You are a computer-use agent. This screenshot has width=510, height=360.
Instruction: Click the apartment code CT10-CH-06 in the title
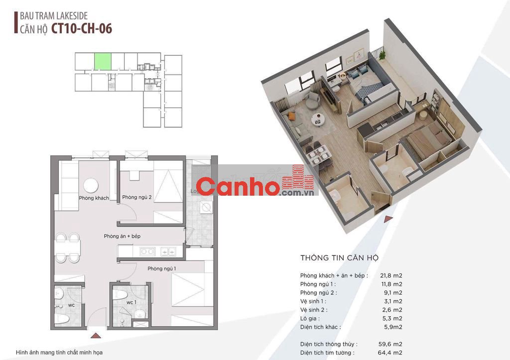[x=82, y=28]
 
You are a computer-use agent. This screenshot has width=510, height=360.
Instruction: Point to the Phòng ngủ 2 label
[x=136, y=198]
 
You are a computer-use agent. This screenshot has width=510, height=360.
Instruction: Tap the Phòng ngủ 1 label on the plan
[x=162, y=269]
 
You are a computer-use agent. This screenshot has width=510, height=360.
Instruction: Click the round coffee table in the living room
[x=91, y=185]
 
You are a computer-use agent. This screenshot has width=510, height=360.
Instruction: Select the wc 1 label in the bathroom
[x=131, y=302]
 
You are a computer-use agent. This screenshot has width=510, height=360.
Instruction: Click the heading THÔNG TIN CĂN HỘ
[x=340, y=258]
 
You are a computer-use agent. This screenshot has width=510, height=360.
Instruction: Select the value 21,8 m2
[x=392, y=275]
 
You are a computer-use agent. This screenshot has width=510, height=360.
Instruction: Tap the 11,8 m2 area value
[x=392, y=284]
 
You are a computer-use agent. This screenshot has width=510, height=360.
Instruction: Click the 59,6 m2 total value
[x=392, y=344]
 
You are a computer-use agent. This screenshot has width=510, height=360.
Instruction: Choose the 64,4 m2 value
[x=392, y=353]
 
